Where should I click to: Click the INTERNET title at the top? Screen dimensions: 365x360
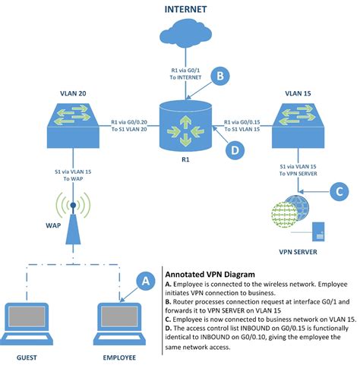click(179, 9)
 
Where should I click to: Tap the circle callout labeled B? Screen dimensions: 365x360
click(219, 76)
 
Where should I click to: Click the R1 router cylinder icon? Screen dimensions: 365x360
click(180, 124)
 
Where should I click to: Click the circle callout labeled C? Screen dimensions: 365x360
click(338, 192)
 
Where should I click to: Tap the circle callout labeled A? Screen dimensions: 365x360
click(143, 281)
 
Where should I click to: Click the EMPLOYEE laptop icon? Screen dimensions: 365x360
click(121, 322)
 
